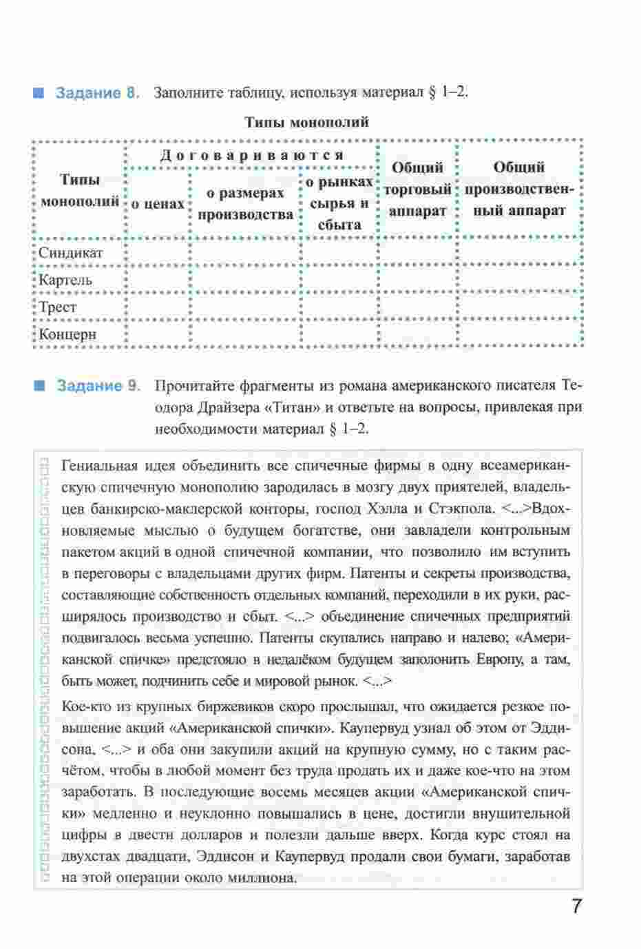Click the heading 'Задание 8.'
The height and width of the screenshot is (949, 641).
click(x=98, y=92)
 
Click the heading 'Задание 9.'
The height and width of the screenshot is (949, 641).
click(x=98, y=385)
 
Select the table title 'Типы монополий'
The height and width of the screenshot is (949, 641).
click(x=307, y=123)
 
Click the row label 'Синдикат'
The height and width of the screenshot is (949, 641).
click(x=71, y=252)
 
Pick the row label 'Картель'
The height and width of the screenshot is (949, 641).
click(x=65, y=280)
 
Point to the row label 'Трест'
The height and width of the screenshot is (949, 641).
click(x=58, y=307)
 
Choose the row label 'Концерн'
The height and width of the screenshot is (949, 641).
click(x=67, y=335)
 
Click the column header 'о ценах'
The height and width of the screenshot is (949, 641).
click(x=158, y=204)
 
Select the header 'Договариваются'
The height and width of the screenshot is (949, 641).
click(x=251, y=155)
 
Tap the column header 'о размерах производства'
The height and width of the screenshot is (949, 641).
click(x=246, y=204)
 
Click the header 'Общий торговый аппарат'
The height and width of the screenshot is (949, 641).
click(x=418, y=189)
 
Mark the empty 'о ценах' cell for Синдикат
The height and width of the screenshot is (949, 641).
click(x=158, y=252)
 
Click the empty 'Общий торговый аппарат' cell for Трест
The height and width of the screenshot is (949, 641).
click(x=418, y=307)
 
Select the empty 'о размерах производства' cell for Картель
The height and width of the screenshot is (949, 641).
click(x=246, y=280)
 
